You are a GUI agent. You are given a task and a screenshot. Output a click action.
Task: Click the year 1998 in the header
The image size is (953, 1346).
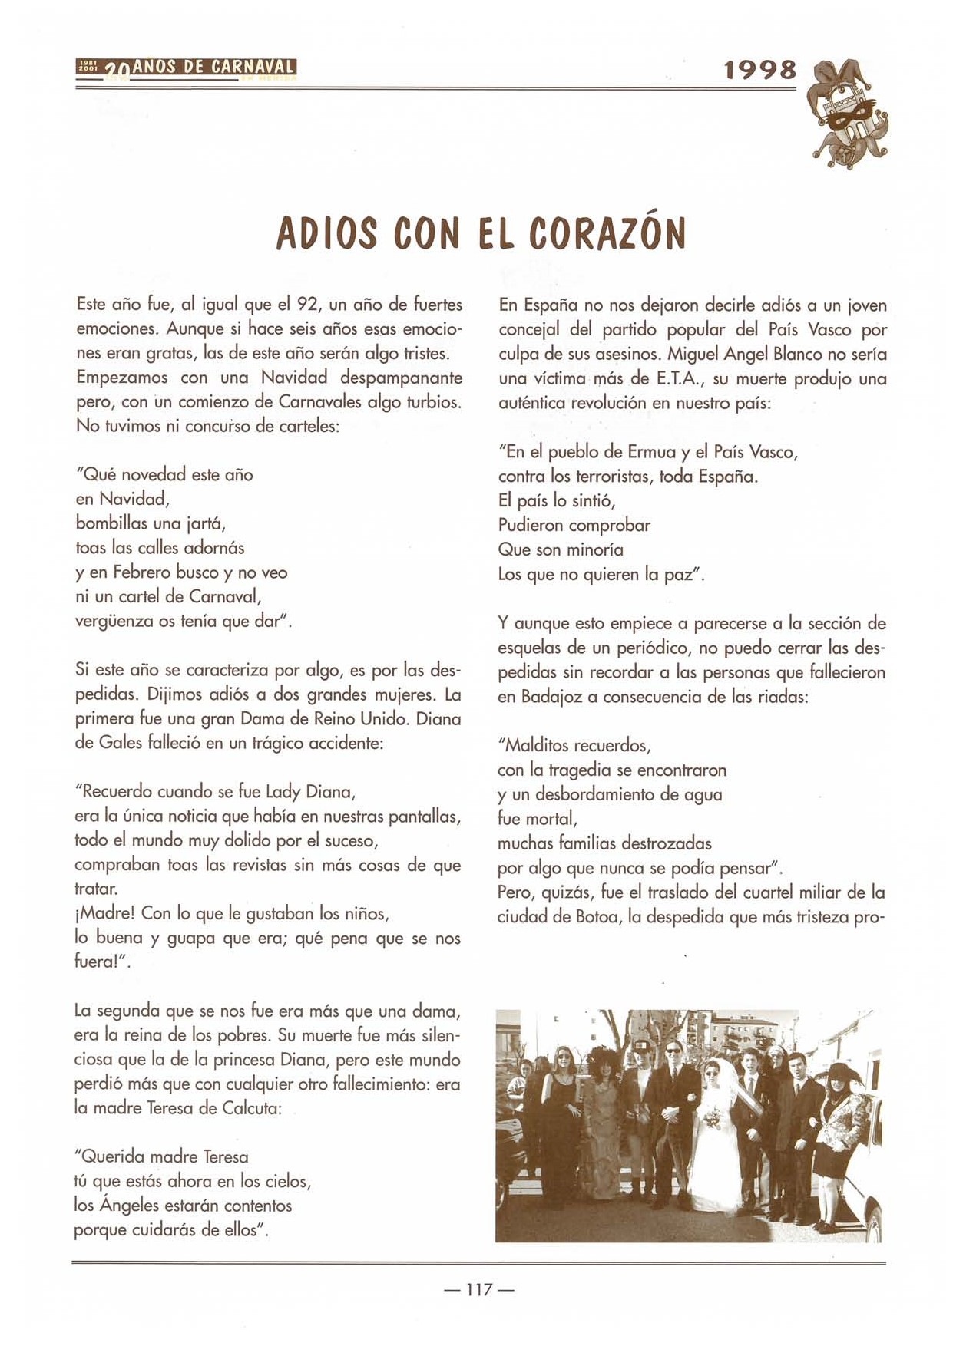click(759, 70)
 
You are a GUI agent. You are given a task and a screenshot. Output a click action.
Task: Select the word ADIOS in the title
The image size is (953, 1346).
click(326, 233)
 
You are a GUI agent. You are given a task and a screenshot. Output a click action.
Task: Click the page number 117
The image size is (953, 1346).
click(478, 1290)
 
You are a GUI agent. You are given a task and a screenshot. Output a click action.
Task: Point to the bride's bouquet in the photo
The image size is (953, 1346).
click(713, 1120)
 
